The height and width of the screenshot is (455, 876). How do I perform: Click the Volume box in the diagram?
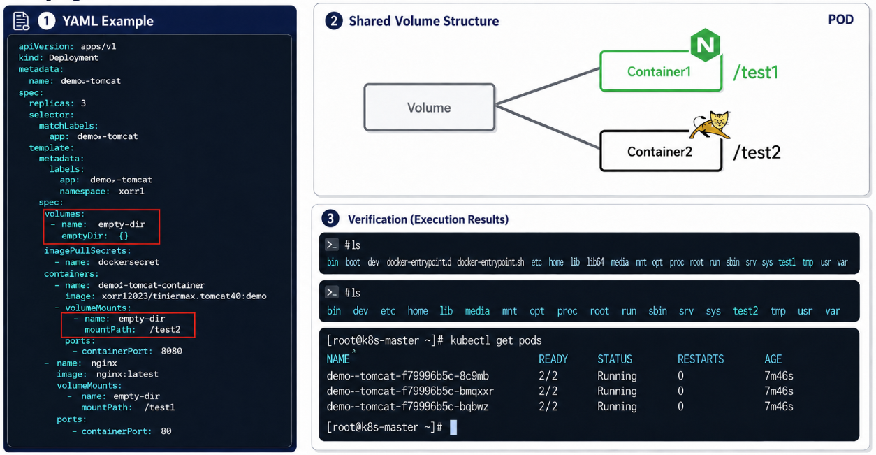(x=430, y=107)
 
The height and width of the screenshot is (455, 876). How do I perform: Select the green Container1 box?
(x=661, y=71)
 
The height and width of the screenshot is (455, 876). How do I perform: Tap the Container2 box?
(x=661, y=151)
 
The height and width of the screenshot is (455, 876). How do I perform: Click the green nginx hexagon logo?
(x=705, y=45)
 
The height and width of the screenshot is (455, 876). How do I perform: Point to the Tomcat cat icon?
(x=710, y=125)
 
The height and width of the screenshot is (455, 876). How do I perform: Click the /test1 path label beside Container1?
(x=756, y=73)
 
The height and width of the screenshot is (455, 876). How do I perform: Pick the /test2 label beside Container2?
(x=757, y=152)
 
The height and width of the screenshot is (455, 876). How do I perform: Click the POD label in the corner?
(x=841, y=20)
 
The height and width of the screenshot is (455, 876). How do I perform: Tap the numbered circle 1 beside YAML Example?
(x=46, y=21)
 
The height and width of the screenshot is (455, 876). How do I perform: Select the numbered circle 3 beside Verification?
(x=330, y=219)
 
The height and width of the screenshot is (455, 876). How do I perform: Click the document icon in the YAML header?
(x=21, y=21)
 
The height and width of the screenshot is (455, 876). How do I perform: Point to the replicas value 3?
(x=83, y=103)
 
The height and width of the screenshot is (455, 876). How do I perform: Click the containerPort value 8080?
(x=172, y=351)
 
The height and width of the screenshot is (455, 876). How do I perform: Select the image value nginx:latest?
(x=128, y=374)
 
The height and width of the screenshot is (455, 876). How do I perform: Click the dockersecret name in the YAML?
(x=129, y=262)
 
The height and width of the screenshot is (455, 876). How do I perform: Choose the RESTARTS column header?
(x=701, y=359)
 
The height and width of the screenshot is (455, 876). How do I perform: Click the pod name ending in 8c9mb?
(x=408, y=376)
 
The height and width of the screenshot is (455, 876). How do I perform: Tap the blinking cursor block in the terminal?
(x=453, y=427)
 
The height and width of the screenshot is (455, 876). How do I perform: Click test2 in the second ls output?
(x=745, y=311)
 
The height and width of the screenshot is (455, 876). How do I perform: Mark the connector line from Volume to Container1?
(x=548, y=87)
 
